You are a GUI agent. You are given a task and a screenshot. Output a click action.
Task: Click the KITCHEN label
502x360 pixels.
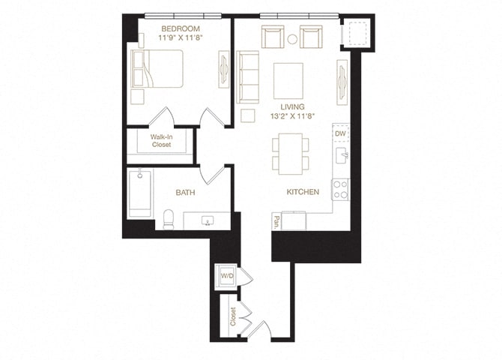tap(303, 192)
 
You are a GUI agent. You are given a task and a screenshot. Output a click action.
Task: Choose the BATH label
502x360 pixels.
tap(185, 193)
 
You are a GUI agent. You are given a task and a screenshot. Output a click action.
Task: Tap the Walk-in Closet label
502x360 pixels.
tap(160, 141)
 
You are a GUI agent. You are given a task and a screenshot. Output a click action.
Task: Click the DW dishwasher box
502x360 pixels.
tap(340, 133)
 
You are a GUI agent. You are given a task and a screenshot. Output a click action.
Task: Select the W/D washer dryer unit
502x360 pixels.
tap(224, 276)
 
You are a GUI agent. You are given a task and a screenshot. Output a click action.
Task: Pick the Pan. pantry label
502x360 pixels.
tap(276, 221)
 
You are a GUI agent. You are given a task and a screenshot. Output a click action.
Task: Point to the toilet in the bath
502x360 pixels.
tap(169, 218)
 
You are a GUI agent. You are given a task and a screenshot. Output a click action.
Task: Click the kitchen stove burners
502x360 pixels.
tap(341, 189)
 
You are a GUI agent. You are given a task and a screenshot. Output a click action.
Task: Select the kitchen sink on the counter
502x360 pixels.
tap(340, 157)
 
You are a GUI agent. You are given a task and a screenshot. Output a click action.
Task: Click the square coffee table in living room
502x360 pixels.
tap(288, 79)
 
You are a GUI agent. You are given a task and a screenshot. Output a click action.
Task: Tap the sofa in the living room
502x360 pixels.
tap(248, 76)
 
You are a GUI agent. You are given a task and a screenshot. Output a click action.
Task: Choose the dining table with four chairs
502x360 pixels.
tap(288, 153)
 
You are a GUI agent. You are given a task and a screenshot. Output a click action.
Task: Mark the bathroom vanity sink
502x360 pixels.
tap(207, 220)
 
